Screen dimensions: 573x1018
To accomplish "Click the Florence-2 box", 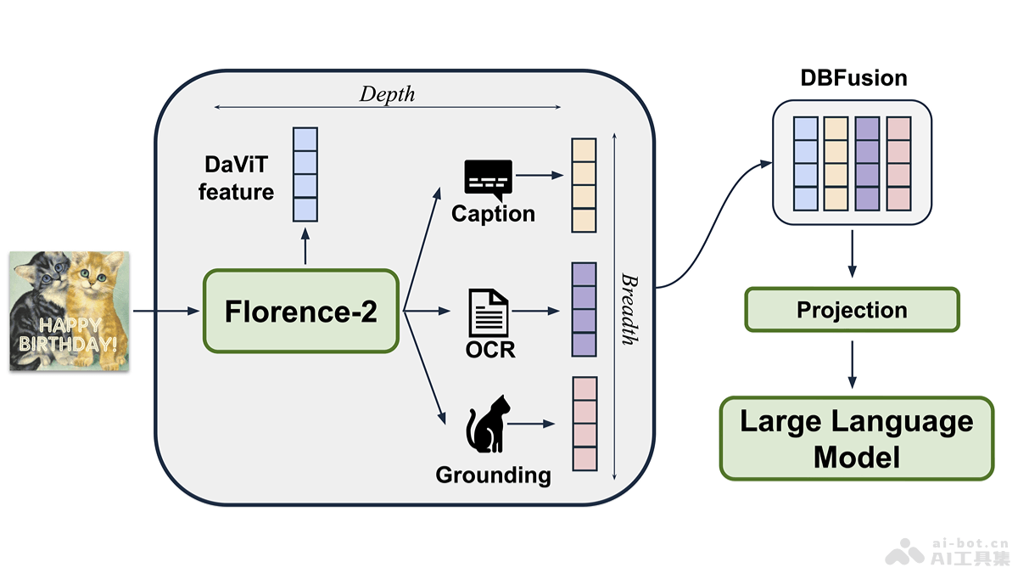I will [x=300, y=312].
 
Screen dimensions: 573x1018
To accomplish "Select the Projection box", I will [x=852, y=310].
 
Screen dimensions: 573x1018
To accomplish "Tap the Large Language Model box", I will [x=856, y=438].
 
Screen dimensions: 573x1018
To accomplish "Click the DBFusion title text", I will [x=853, y=79].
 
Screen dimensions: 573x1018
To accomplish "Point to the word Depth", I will [x=387, y=93].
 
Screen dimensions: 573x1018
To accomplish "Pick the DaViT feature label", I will [x=236, y=180].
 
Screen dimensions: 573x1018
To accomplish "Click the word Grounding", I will [x=493, y=475].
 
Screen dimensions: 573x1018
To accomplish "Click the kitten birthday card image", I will [x=70, y=311].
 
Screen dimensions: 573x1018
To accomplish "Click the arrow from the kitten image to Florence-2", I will [x=167, y=312].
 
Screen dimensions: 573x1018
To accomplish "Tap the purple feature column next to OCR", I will [x=585, y=309].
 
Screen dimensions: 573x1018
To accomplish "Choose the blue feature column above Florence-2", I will [x=305, y=174].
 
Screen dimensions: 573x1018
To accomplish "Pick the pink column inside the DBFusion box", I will [x=898, y=163].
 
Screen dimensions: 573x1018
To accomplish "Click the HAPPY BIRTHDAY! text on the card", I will [x=70, y=335].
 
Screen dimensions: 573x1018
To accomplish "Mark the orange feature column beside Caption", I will [x=585, y=185].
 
